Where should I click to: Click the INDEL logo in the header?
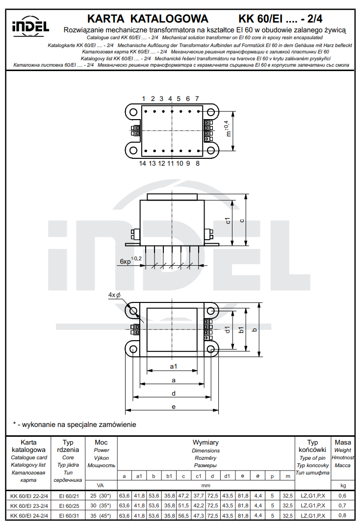(x=30, y=26)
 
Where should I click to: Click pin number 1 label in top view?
(x=144, y=99)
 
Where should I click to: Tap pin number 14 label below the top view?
(x=142, y=163)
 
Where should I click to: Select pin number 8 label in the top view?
(x=198, y=163)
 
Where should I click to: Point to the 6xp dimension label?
(x=126, y=262)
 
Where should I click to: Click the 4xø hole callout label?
(x=114, y=295)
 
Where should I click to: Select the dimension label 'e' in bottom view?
(x=174, y=406)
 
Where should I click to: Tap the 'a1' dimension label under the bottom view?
(x=173, y=366)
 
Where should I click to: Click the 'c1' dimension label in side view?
(x=228, y=221)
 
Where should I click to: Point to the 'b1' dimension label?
(x=241, y=329)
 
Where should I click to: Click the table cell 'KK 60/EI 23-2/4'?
(x=28, y=505)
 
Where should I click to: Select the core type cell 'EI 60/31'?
(x=68, y=516)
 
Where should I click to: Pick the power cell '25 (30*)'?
(x=101, y=496)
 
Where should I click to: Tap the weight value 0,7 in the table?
(x=342, y=505)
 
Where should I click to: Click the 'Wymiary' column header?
(x=206, y=443)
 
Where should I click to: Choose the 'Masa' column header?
(x=342, y=443)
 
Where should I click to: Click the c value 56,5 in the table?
(x=183, y=516)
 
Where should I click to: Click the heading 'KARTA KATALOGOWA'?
(x=148, y=19)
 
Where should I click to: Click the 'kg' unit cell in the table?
(x=342, y=485)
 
